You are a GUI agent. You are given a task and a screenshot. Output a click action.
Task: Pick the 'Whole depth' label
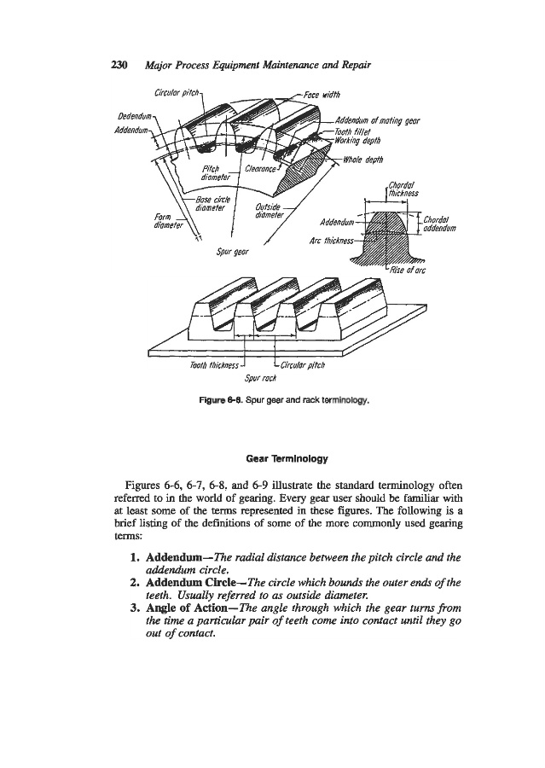point(364,158)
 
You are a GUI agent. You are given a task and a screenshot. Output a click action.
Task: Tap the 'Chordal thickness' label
point(400,187)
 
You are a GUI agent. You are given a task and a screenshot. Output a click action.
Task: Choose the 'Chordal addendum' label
point(445,224)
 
